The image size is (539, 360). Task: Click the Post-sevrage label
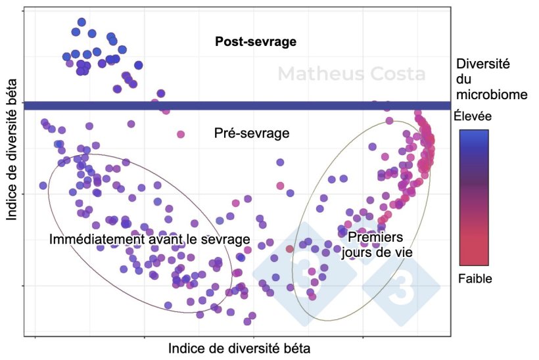pos(256,41)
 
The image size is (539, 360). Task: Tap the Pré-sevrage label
pos(252,133)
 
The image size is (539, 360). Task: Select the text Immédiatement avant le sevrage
pos(150,239)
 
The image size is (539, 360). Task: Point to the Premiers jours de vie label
pos(376,244)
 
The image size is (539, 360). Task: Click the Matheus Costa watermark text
pos(351,74)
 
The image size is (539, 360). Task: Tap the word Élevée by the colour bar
pos(473,116)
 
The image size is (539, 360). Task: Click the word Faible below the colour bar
pos(475,279)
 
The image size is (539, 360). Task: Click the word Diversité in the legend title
pos(484,64)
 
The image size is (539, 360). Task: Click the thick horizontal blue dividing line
pos(237,105)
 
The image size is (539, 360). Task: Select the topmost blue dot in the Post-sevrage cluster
pos(82,22)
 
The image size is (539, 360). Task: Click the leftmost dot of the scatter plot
pos(43,185)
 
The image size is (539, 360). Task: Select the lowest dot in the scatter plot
pos(248,321)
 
